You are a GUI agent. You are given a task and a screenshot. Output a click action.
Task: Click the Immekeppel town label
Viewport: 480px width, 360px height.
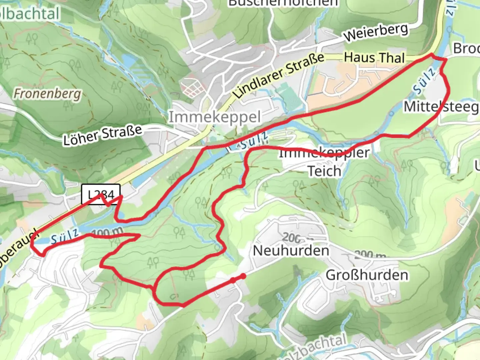[x=214, y=117]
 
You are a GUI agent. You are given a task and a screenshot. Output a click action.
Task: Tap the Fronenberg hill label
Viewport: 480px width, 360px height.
[x=47, y=94]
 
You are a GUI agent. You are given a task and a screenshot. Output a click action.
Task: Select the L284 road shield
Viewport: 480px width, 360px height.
[x=101, y=194]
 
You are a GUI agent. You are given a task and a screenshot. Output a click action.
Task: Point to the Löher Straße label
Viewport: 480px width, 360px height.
[x=103, y=135]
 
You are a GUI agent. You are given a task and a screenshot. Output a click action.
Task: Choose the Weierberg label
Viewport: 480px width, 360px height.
[x=376, y=33]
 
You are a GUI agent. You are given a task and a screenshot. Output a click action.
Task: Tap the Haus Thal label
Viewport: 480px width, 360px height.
[x=374, y=58]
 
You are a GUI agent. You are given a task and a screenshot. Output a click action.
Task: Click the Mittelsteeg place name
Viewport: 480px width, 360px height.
[x=441, y=107]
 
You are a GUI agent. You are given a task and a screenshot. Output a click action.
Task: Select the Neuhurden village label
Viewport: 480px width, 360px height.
[x=291, y=250]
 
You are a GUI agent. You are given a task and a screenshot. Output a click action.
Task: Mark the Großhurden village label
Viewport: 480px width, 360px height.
[x=367, y=275]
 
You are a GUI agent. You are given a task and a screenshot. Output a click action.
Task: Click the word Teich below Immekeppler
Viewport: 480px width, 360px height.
[x=324, y=171]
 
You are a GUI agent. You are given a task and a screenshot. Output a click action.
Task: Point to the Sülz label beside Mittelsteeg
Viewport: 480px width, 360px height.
[x=424, y=81]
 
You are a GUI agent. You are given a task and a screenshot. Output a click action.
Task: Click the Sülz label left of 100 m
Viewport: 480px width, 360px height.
[x=65, y=237]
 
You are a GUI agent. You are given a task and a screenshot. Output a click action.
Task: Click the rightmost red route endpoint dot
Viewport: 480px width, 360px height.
[x=244, y=276]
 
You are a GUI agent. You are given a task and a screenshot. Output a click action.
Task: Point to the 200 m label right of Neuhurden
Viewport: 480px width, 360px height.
[x=370, y=255]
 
